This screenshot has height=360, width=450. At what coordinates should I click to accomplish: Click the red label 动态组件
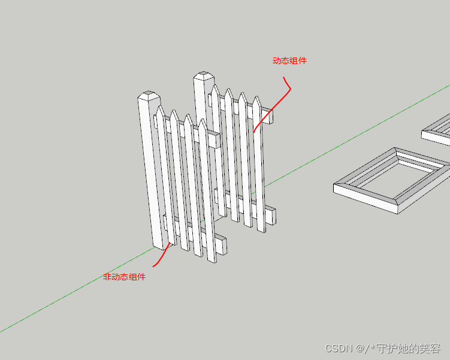pos(289,60)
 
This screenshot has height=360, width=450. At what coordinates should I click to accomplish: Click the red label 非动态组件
pos(124,277)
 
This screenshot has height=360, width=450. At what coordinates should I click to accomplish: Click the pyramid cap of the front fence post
pos(149,96)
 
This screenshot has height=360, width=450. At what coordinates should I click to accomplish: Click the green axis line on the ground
pos(72,297)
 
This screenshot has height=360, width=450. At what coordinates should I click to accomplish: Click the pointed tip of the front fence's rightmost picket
pos(203,120)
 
